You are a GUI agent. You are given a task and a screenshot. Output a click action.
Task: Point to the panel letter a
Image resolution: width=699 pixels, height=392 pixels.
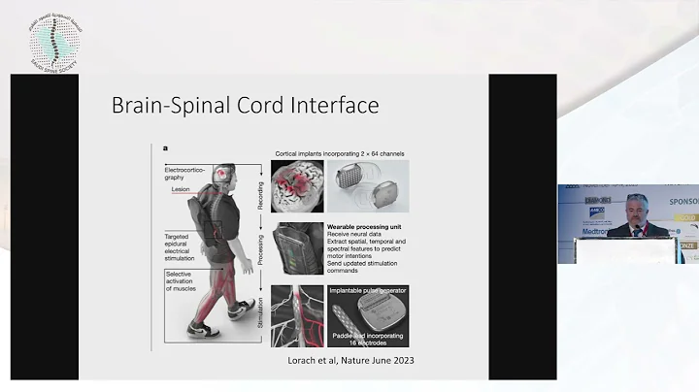(x=166, y=149)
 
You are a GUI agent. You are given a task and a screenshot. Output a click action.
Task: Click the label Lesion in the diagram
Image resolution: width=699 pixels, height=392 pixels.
(x=182, y=190)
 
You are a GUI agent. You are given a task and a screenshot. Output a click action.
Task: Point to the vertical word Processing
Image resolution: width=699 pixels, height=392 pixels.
(x=259, y=248)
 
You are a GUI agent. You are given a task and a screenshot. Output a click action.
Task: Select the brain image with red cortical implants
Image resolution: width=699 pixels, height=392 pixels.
(x=296, y=186)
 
